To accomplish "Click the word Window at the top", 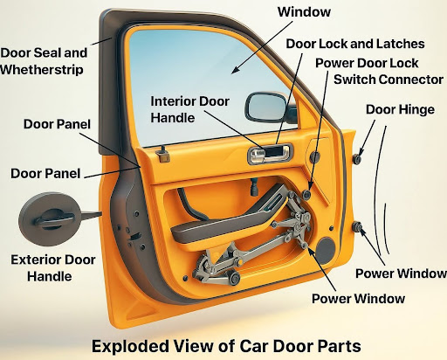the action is click(304, 12).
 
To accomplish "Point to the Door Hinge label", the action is click(400, 110).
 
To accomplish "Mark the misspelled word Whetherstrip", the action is click(42, 70).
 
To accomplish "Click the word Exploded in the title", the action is click(130, 346).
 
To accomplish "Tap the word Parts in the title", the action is click(339, 346).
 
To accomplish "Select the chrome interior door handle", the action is click(270, 154).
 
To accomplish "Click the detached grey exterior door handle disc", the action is click(50, 219).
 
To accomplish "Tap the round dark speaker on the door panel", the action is click(326, 251).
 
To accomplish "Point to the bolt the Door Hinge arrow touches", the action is click(357, 159).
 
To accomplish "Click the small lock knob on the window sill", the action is click(162, 154).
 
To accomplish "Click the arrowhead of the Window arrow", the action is click(236, 70).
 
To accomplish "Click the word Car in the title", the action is click(254, 346).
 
